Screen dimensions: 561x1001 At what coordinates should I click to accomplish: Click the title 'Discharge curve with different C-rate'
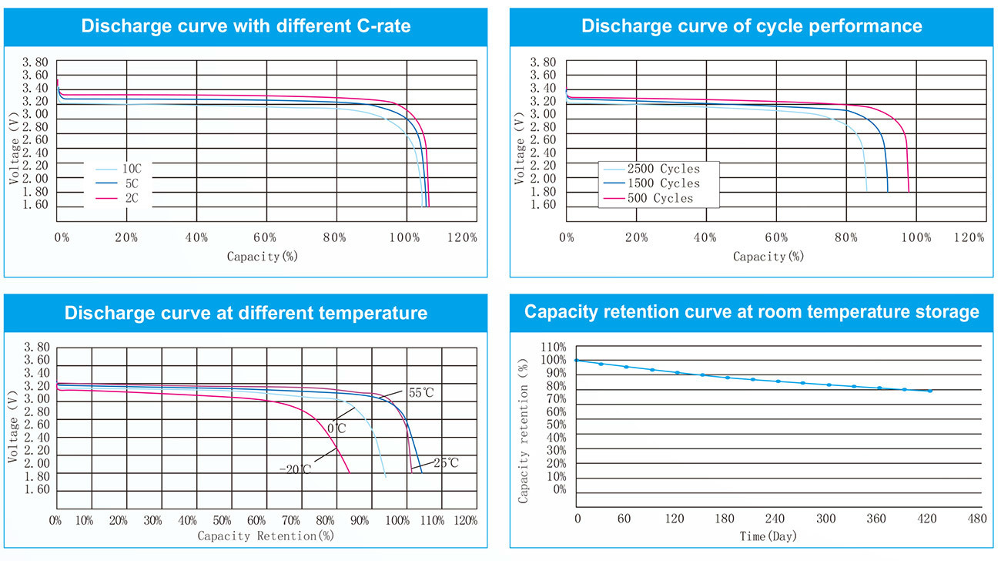246,26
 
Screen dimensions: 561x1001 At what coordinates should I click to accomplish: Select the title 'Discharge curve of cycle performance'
752,26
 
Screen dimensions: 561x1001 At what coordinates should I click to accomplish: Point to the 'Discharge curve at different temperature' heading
246,313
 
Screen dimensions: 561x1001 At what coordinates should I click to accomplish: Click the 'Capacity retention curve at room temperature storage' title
752,312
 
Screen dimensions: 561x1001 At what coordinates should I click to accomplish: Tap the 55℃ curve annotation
421,393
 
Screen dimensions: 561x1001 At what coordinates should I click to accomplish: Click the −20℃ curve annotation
295,469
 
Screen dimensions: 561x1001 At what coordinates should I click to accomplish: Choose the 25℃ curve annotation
445,463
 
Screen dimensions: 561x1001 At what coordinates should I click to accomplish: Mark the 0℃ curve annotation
337,428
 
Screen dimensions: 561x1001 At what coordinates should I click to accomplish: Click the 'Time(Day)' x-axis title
768,536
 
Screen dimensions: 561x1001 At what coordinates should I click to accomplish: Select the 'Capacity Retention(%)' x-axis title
265,535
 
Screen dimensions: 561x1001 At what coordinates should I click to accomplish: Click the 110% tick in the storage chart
553,347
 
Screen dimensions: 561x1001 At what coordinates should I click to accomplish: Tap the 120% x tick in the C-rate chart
461,237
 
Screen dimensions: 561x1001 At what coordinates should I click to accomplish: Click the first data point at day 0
577,361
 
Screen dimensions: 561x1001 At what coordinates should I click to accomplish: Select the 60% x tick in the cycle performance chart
776,237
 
